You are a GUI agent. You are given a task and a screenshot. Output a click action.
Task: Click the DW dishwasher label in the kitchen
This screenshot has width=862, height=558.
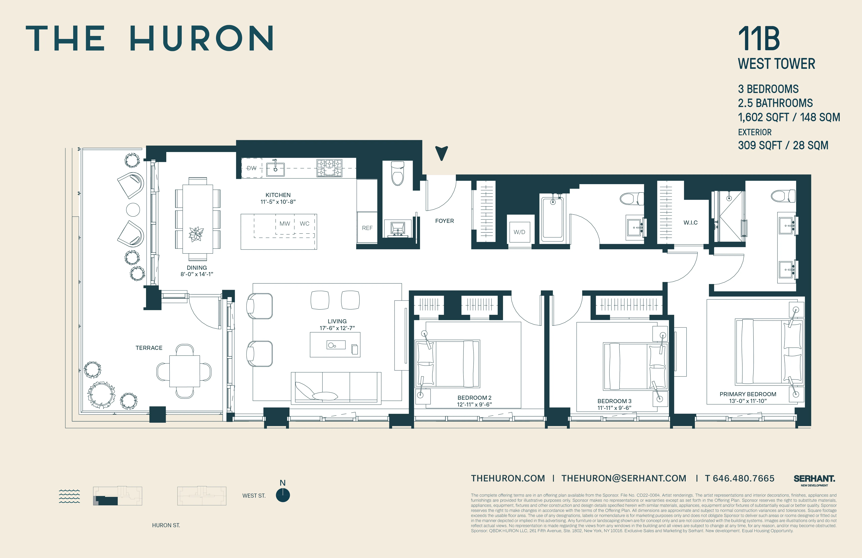click(x=251, y=168)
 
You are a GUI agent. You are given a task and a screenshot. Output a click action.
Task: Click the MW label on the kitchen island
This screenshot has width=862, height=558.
click(x=285, y=224)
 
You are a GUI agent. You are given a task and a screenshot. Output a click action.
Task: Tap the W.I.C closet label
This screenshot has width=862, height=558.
click(x=690, y=223)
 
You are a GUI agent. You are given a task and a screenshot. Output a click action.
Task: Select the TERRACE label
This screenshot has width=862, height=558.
click(x=149, y=348)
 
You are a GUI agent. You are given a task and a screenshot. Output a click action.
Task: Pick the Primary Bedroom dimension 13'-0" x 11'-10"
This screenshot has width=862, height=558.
click(x=748, y=401)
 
